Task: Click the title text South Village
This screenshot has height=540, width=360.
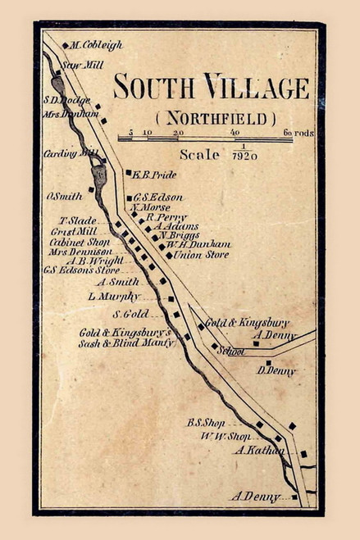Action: coord(212,87)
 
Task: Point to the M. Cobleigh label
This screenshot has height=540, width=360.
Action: coord(96,45)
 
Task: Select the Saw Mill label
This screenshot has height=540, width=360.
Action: coord(80,62)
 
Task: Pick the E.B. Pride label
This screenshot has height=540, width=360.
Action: coord(154,175)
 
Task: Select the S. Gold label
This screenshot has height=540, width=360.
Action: coord(130,314)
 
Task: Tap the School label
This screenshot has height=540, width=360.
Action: coord(233,351)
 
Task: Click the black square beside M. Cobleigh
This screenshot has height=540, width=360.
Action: coord(65,45)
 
